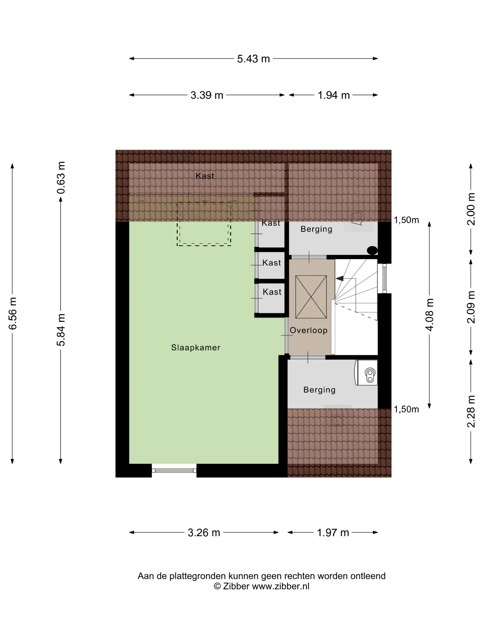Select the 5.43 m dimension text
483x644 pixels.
click(x=253, y=59)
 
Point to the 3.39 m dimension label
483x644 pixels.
click(x=207, y=95)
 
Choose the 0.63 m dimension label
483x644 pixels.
click(x=61, y=178)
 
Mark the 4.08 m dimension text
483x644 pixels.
click(x=429, y=315)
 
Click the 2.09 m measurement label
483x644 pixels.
click(x=471, y=307)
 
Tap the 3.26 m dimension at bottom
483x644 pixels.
click(x=204, y=532)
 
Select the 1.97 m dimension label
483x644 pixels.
click(x=333, y=532)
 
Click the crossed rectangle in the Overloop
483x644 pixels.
click(x=311, y=297)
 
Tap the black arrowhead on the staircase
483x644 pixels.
click(x=339, y=279)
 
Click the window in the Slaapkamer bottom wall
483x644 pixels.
click(x=174, y=470)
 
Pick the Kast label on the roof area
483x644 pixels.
click(x=205, y=176)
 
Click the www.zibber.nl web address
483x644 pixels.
click(x=281, y=586)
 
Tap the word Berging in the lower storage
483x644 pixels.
click(x=319, y=390)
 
